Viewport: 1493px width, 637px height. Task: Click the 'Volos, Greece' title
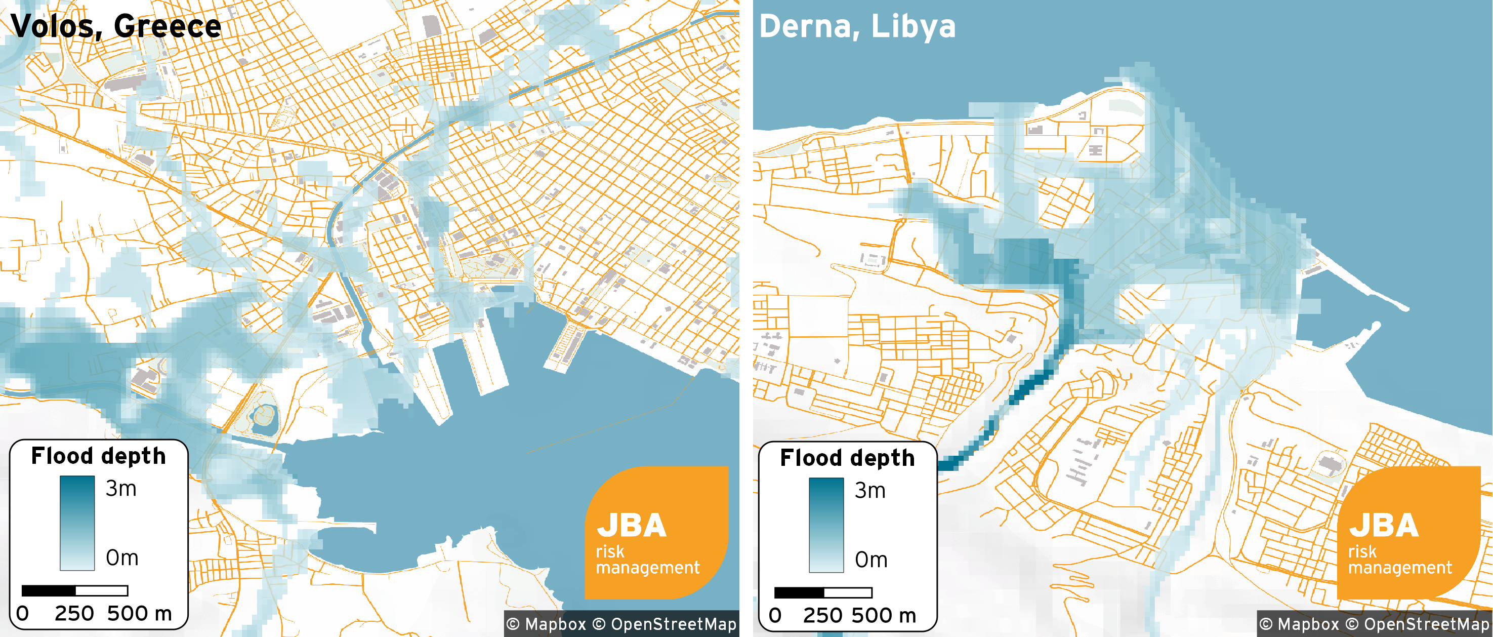coord(116,26)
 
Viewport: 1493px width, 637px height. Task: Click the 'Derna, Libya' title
coord(857,26)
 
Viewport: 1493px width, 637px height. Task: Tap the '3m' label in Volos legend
coord(121,489)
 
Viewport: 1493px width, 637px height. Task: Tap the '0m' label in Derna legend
coord(870,560)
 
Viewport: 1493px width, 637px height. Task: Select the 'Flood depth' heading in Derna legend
coord(847,458)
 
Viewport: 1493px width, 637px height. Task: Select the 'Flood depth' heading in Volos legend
coord(98,456)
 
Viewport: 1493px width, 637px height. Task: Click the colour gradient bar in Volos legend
coord(77,523)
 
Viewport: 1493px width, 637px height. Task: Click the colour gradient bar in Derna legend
coord(826,525)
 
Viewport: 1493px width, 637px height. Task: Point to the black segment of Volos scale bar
coord(49,590)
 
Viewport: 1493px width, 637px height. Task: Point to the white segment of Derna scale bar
coord(848,593)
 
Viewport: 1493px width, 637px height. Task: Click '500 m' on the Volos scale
coord(140,613)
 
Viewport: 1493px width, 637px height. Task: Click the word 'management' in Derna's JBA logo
coord(1400,568)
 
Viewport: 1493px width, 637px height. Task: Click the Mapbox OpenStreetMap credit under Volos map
coord(621,624)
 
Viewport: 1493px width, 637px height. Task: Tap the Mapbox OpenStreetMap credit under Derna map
coord(1374,624)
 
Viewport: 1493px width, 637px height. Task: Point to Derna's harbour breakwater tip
coord(1405,308)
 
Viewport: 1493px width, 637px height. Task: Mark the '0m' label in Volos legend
coord(121,558)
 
